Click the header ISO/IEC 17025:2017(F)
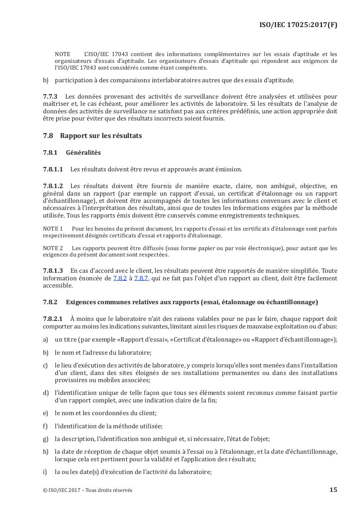click(298, 25)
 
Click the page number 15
click(333, 490)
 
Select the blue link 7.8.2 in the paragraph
click(120, 278)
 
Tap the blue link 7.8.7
click(141, 278)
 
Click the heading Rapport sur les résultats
click(101, 136)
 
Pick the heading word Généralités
click(83, 153)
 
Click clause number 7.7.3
click(50, 97)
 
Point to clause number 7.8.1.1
click(53, 169)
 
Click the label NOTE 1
click(53, 229)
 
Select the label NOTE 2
click(53, 248)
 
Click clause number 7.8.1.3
click(53, 271)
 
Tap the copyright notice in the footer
click(87, 490)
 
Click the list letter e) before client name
click(45, 413)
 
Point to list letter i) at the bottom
click(45, 472)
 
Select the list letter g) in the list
click(45, 439)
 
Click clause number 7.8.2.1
click(53, 319)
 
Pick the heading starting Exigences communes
click(192, 302)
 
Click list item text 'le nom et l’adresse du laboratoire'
click(103, 352)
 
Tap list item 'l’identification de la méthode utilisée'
click(108, 426)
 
